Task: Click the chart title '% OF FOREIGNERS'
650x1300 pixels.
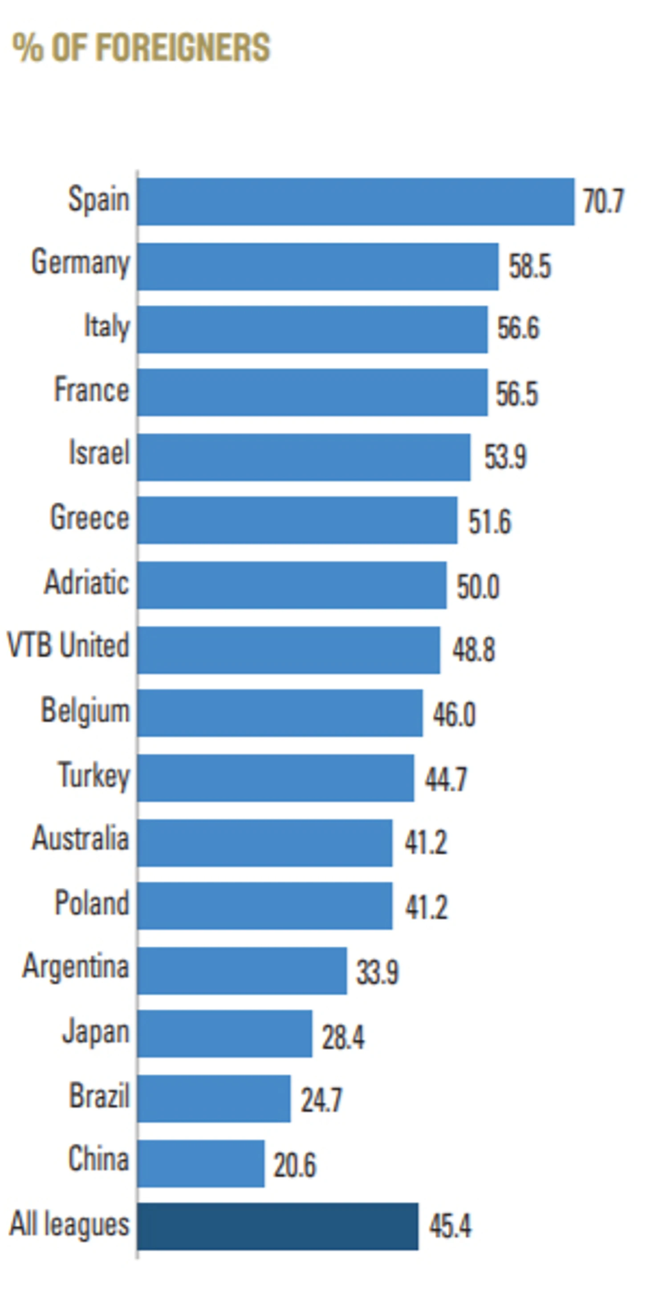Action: coord(141,48)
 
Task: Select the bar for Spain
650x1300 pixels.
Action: coord(356,201)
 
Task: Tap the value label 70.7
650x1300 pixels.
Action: coord(604,201)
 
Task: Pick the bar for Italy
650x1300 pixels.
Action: coord(313,329)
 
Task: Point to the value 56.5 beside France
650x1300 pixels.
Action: coord(517,394)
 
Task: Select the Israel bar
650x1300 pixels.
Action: coord(304,457)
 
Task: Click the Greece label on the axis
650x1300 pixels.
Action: coord(90,518)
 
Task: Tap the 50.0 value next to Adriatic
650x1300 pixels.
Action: coord(478,587)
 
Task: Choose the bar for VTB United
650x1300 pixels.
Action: coord(288,650)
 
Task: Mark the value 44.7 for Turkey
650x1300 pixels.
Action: coord(446,779)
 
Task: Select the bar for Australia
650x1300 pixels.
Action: coord(265,843)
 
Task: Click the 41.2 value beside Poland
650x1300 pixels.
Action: coord(426,907)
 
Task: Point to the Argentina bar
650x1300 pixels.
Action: coord(242,971)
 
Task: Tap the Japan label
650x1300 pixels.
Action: coord(96,1032)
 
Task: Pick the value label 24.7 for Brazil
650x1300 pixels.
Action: coord(321,1100)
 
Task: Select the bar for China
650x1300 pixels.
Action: coord(201,1163)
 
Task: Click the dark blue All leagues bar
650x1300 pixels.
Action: coord(277,1227)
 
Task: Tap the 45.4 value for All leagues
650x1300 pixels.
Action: coord(450,1227)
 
